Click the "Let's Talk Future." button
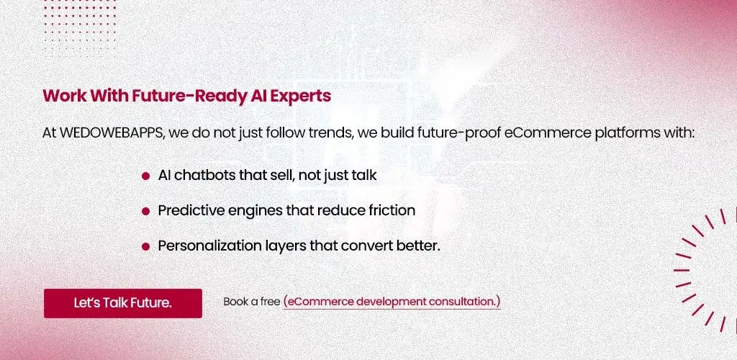pyautogui.click(x=122, y=303)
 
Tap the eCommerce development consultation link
pyautogui.click(x=392, y=302)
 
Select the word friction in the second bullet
pyautogui.click(x=392, y=210)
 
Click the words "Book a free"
pyautogui.click(x=251, y=302)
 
